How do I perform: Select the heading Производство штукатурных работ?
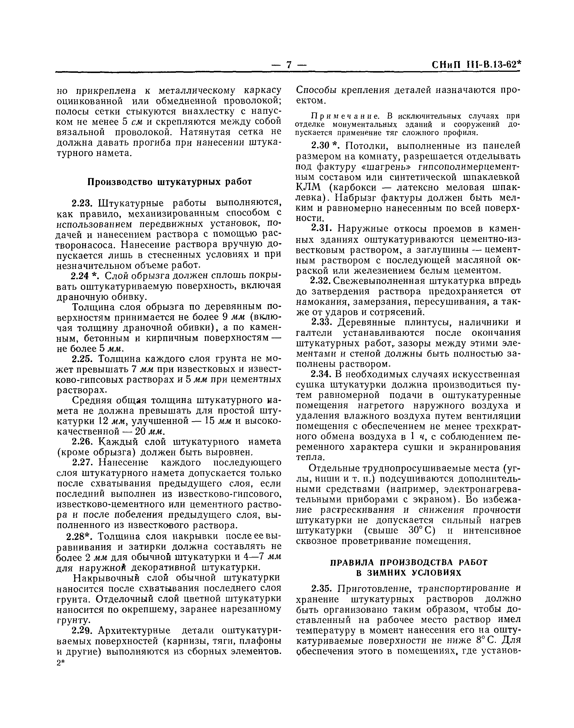tap(170, 182)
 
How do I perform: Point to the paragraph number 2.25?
tap(82, 359)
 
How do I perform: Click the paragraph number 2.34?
tap(322, 374)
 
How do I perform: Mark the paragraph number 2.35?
tap(322, 589)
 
